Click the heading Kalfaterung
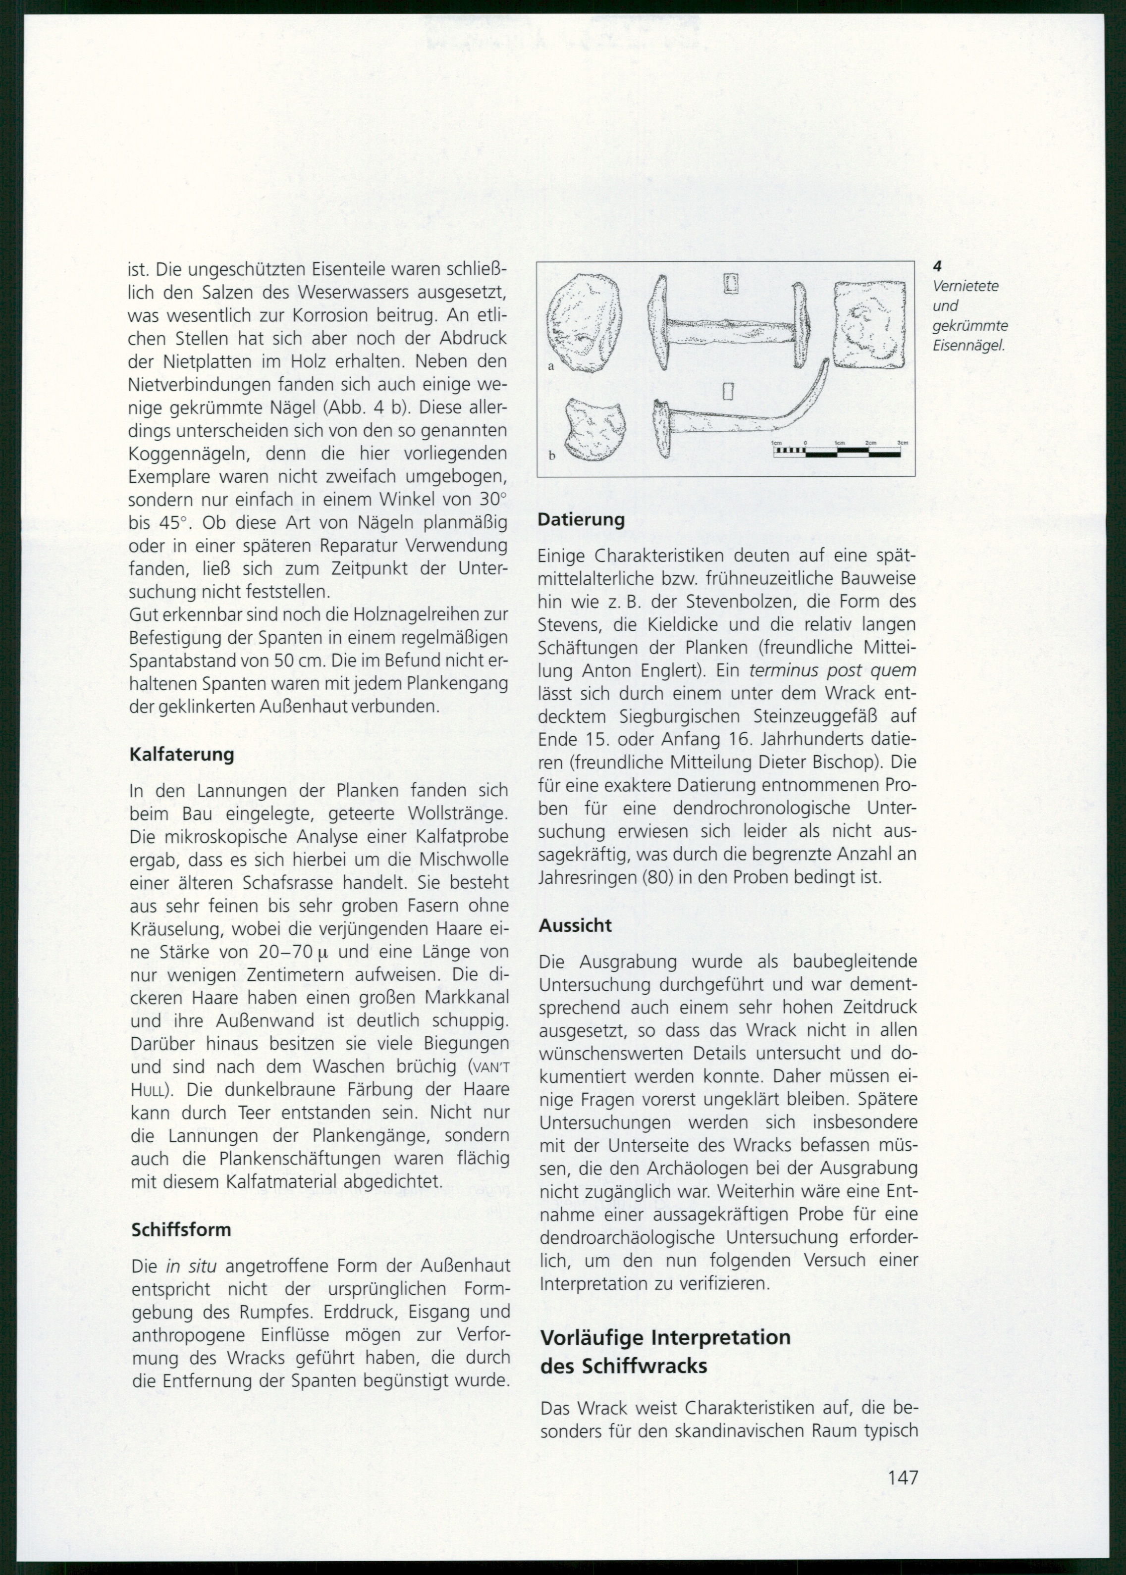(182, 754)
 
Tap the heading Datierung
(581, 520)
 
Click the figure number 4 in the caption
(937, 265)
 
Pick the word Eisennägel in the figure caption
(968, 346)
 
